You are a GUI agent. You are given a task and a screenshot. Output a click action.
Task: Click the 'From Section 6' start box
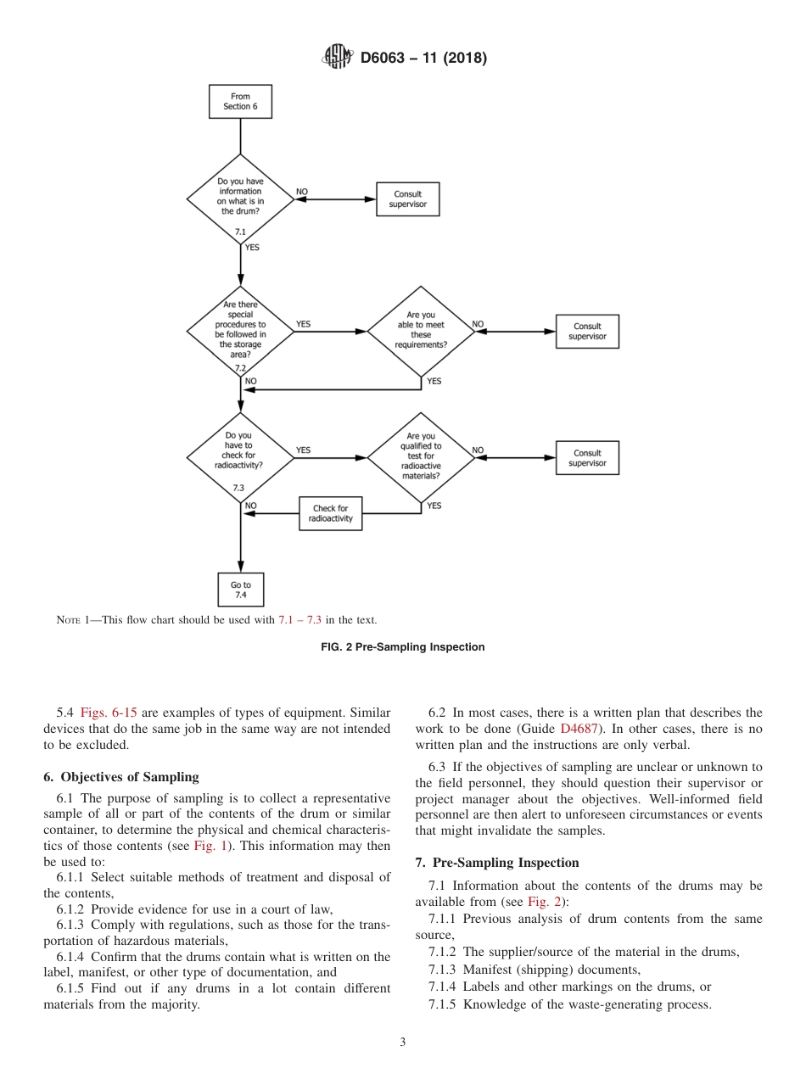240,102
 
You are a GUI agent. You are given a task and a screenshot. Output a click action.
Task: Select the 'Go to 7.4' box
240,590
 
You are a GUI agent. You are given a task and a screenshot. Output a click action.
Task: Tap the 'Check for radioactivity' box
330,513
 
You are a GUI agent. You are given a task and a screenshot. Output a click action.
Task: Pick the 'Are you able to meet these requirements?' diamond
421,331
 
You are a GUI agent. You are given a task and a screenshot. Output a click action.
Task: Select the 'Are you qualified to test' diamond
421,457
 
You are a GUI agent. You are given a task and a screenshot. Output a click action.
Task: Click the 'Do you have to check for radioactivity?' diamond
240,457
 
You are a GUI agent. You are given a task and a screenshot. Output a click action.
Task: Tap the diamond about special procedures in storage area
240,331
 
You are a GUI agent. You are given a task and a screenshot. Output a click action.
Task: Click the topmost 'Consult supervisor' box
407,199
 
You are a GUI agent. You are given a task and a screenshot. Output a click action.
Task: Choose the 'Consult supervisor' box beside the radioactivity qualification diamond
587,458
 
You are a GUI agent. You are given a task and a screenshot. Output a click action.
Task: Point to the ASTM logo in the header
338,59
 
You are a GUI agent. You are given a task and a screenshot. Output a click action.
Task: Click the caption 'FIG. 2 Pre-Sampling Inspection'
403,647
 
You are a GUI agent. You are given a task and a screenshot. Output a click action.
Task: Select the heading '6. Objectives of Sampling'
120,776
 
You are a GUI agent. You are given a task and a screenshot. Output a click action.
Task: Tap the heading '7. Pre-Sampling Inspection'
497,863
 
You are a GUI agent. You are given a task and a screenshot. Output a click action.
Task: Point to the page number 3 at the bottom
403,1043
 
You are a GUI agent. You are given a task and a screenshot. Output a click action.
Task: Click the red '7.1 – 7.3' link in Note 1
299,620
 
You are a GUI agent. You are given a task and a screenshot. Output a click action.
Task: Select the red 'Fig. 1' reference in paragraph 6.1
208,847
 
